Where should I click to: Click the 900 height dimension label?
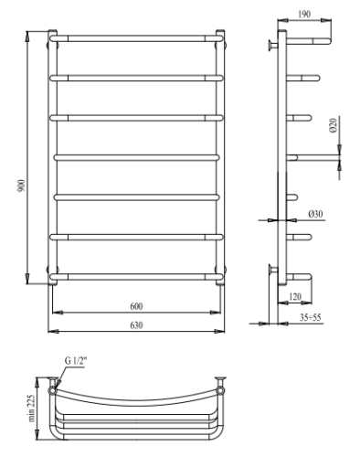click(22, 186)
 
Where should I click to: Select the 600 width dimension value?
click(136, 306)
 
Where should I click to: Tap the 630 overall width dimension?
click(136, 325)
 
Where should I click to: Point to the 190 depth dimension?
click(304, 14)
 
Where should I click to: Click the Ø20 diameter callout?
click(334, 125)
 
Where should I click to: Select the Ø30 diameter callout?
click(315, 214)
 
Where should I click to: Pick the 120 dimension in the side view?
click(295, 296)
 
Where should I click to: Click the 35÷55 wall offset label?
click(310, 317)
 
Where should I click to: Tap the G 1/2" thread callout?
click(76, 361)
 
